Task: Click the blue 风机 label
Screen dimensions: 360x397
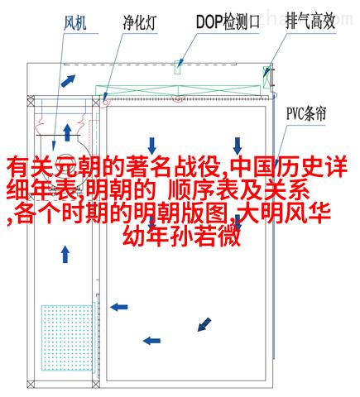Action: point(75,23)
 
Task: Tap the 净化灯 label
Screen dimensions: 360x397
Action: point(140,22)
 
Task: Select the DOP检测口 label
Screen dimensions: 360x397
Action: point(228,22)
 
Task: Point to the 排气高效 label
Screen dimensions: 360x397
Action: point(310,22)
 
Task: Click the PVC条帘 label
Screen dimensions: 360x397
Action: point(306,113)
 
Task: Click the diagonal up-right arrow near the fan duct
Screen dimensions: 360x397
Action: point(68,80)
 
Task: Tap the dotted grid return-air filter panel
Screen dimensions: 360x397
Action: point(67,337)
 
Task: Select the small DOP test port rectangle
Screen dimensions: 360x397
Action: point(178,67)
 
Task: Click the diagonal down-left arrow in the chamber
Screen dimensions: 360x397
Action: point(204,324)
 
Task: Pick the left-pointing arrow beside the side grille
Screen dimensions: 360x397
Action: point(119,307)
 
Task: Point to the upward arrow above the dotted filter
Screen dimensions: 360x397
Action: point(65,254)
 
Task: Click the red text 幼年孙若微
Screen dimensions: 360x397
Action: point(181,237)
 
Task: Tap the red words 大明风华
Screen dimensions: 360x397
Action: point(284,213)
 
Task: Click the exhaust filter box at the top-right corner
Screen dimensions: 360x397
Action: point(266,77)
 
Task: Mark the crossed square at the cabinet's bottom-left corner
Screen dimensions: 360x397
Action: point(31,384)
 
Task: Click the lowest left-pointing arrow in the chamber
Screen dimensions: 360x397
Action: point(151,341)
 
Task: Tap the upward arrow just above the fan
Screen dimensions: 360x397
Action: point(67,132)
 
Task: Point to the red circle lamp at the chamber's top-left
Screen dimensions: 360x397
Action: point(105,102)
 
